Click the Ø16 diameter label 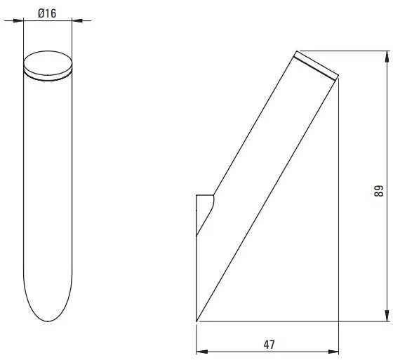(x=47, y=13)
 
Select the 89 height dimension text (x=379, y=191)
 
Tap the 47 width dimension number (x=269, y=345)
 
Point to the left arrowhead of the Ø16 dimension (x=18, y=20)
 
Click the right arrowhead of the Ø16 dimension (x=77, y=20)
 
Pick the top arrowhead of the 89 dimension (x=387, y=56)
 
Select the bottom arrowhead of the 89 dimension (x=387, y=316)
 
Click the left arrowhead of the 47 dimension (x=202, y=352)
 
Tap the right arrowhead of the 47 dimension (x=333, y=352)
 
